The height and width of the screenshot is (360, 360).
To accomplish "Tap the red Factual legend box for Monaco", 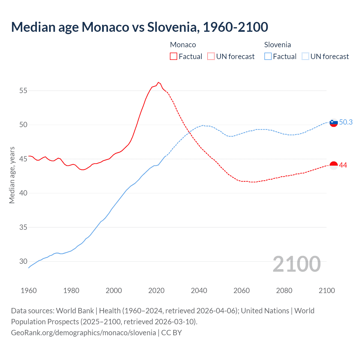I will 174,57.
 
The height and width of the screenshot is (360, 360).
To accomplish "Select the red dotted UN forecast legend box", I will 211,57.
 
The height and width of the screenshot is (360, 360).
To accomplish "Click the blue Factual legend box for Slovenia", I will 268,57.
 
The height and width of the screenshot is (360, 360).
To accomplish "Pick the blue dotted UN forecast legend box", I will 305,57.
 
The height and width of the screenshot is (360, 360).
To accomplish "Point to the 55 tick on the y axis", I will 23,91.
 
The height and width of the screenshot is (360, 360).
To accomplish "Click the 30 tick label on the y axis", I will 23,261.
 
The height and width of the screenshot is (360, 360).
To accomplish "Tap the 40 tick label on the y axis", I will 23,193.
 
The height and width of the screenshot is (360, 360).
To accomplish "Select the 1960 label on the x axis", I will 29,291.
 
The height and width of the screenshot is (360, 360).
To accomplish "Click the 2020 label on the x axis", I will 156,291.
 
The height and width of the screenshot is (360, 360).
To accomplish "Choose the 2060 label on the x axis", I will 242,291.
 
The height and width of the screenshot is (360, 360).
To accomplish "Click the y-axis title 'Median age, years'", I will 12,175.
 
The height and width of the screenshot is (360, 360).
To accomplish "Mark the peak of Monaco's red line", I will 158,82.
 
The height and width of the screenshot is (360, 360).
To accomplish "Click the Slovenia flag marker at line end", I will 334,122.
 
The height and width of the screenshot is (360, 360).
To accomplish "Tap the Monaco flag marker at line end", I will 334,166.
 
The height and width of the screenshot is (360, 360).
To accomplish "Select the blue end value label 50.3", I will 346,122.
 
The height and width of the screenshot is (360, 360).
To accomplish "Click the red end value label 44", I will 343,165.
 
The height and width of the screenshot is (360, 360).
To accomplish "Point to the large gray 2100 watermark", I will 296,264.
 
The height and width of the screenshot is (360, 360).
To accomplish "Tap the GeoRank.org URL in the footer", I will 83,333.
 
